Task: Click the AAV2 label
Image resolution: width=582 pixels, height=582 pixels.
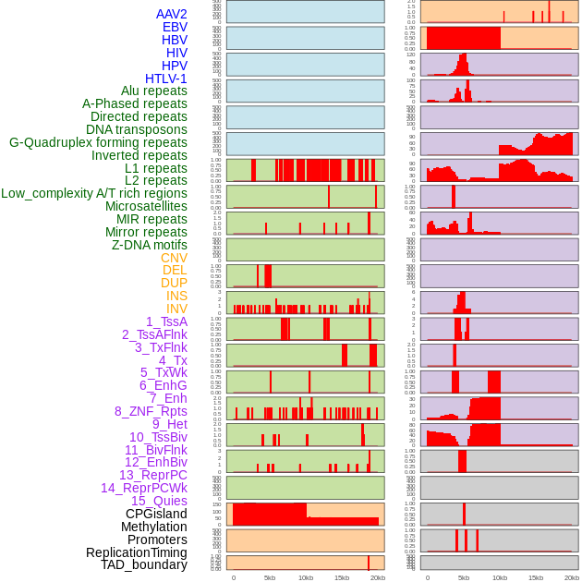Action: point(171,14)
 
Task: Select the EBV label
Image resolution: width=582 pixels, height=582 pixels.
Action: point(175,27)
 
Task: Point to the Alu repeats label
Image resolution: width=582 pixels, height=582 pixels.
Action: point(154,91)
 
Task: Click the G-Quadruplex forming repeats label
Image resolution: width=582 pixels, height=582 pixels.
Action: point(98,142)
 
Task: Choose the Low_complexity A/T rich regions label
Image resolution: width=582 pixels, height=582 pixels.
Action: point(94,193)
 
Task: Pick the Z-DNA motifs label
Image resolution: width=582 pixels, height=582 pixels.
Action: point(149,245)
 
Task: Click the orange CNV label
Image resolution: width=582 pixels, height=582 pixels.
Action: point(174,258)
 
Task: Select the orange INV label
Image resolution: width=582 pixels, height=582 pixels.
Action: point(176,309)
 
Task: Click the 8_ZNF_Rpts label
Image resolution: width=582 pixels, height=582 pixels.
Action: point(151,411)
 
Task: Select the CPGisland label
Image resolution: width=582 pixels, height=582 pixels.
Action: point(156,514)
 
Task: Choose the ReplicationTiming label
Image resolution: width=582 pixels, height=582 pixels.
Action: point(136,552)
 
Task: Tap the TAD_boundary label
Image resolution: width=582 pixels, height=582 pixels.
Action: point(143,564)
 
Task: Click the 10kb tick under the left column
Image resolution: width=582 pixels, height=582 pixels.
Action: point(306,577)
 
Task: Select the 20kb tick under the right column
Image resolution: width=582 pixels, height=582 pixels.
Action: point(571,577)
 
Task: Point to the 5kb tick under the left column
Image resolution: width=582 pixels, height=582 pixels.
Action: point(270,577)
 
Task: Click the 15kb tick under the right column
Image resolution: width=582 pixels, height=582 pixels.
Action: point(535,577)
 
